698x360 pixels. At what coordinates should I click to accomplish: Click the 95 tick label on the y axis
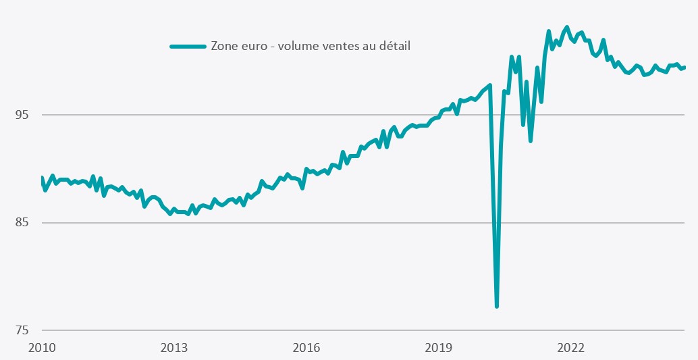(21, 115)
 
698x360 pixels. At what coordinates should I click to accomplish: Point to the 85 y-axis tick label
(21, 223)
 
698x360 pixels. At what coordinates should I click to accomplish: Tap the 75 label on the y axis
(21, 330)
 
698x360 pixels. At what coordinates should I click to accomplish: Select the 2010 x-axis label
(42, 348)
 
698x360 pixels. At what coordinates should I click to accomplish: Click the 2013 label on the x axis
(174, 348)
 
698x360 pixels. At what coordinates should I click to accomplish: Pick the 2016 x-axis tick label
(306, 348)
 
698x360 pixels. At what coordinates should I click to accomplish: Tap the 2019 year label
(438, 348)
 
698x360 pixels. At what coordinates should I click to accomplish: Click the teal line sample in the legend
(187, 46)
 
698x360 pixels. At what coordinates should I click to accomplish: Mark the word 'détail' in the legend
(394, 46)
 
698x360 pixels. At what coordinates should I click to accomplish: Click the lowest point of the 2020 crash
(497, 307)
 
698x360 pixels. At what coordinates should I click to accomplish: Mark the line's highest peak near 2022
(566, 27)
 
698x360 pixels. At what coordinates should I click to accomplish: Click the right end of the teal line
(684, 67)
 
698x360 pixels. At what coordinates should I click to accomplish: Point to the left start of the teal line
(42, 178)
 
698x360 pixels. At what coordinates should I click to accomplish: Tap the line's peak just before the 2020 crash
(490, 85)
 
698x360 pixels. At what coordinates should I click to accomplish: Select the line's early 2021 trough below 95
(531, 140)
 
